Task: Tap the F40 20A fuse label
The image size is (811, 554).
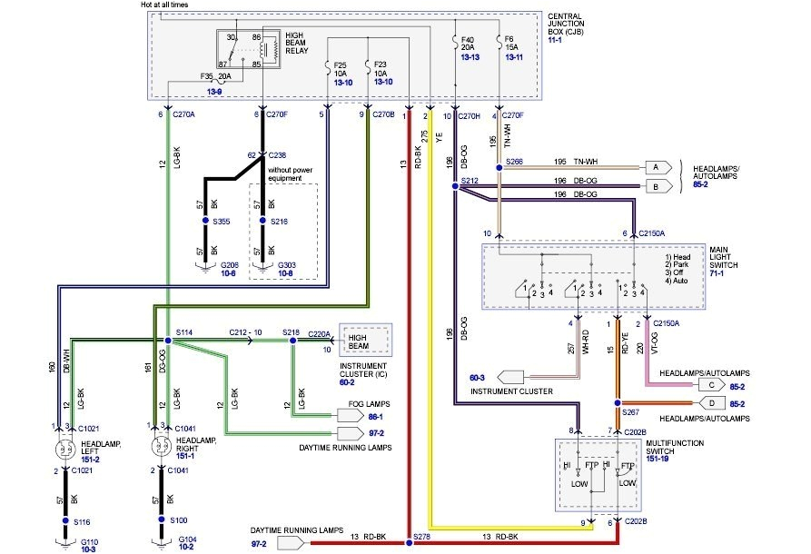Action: (x=468, y=45)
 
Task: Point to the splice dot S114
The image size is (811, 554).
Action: (x=168, y=341)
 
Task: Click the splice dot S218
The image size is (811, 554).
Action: (x=292, y=341)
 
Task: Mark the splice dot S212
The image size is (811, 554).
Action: (x=453, y=188)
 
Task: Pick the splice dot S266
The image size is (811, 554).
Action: (x=499, y=167)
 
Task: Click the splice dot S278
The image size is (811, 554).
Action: (x=410, y=543)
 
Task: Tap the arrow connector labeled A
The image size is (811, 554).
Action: (x=655, y=167)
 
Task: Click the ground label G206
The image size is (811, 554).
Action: (x=230, y=264)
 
